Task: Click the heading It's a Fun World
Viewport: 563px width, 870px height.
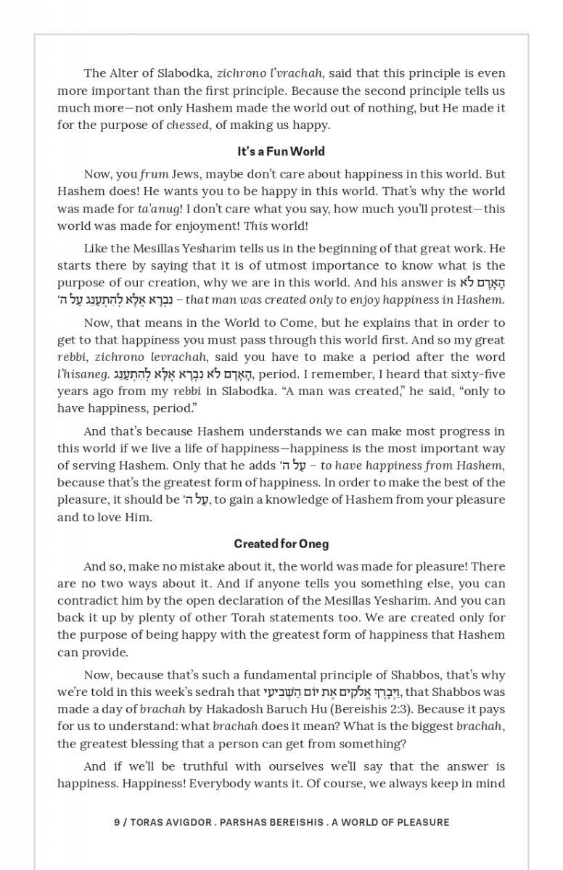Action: tap(281, 152)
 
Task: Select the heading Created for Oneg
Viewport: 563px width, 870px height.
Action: tap(281, 544)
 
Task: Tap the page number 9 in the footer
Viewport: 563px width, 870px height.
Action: tap(117, 822)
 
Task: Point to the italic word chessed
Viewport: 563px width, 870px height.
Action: tap(187, 125)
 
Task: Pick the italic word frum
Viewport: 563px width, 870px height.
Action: tap(154, 174)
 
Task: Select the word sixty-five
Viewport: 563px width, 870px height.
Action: tap(475, 374)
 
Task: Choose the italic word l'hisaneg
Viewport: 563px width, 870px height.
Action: tap(83, 374)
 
